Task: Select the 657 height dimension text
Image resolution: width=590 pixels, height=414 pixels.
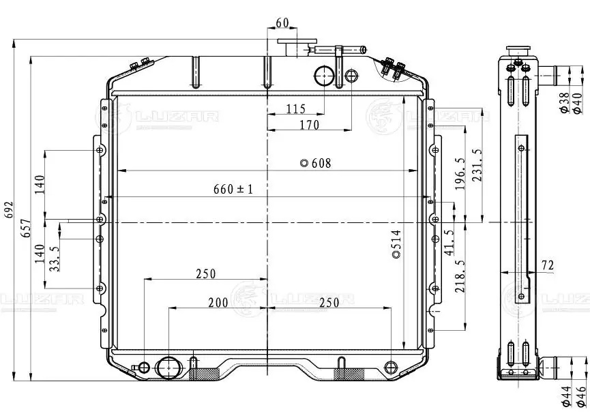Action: tap(27, 228)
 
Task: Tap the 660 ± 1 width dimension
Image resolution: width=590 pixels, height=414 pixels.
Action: tap(233, 189)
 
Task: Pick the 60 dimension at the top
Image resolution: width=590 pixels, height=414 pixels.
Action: tap(282, 23)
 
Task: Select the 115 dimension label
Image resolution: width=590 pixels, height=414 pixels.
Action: tap(296, 108)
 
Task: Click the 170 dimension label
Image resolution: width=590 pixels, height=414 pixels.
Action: tap(309, 125)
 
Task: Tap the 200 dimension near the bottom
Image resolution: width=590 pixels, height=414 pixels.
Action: tap(218, 302)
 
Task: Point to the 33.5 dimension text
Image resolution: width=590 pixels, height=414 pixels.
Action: tap(55, 259)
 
